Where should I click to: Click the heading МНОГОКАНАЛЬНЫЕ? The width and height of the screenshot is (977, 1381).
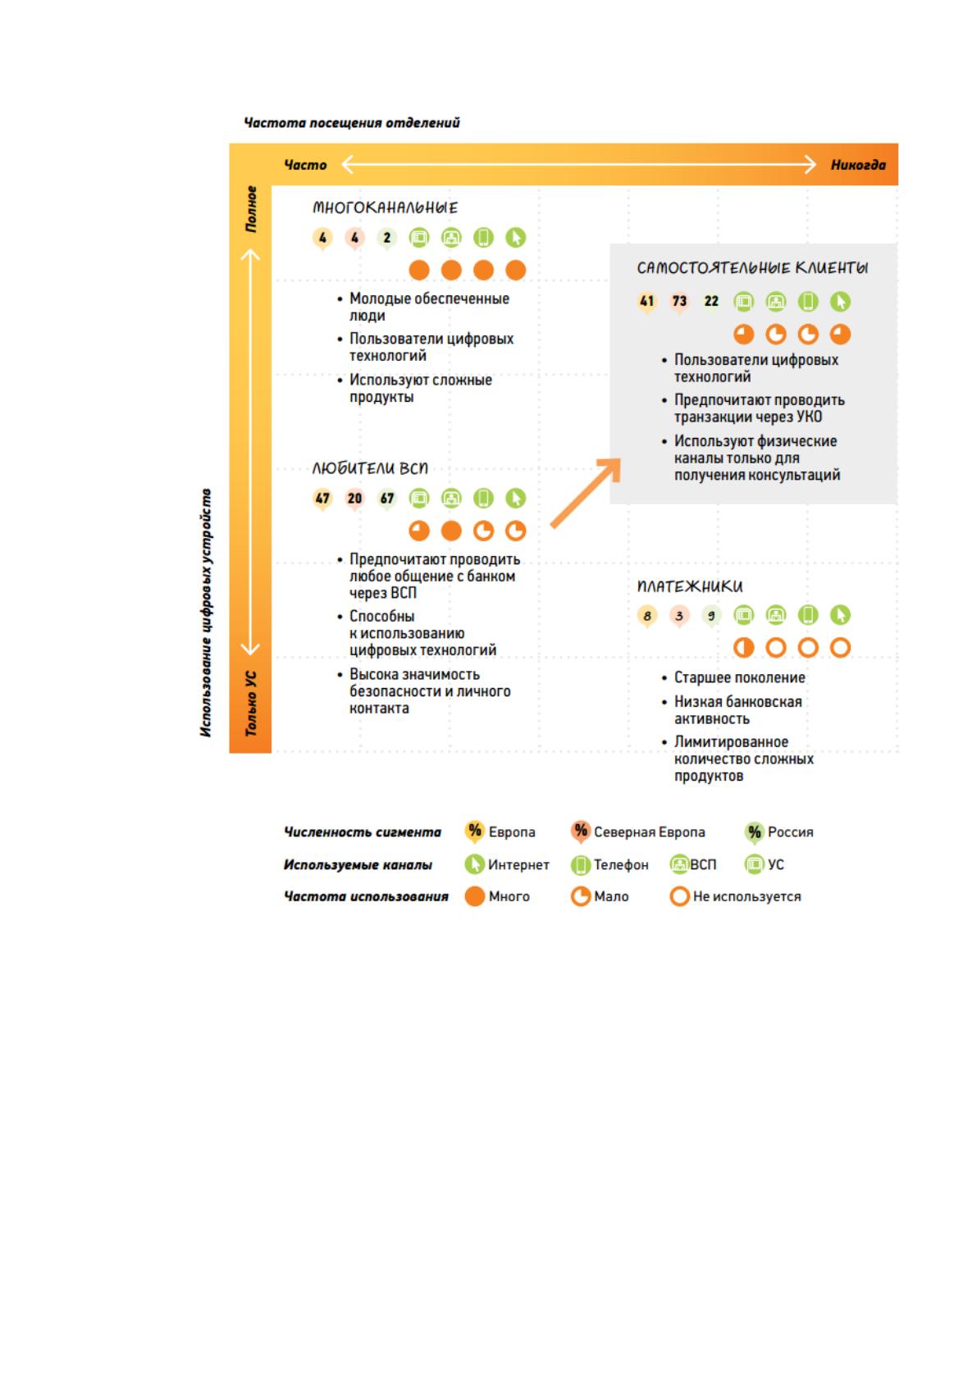(x=385, y=207)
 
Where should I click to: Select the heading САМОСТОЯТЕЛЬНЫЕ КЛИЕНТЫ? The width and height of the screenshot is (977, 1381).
(x=752, y=268)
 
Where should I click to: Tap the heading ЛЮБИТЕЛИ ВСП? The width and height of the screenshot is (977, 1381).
(x=370, y=468)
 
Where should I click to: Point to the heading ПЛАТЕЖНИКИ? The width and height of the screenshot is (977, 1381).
(x=690, y=586)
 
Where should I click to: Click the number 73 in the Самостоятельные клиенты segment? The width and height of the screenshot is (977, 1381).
(x=679, y=302)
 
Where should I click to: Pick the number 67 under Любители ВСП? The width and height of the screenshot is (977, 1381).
(x=386, y=498)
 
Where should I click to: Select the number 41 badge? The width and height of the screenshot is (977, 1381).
(x=647, y=302)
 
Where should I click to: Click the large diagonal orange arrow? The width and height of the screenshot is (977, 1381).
(x=586, y=493)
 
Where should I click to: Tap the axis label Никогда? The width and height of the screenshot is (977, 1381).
(x=858, y=165)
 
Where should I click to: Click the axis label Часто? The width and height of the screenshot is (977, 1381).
(x=304, y=165)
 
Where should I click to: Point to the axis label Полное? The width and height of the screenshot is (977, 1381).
(x=251, y=209)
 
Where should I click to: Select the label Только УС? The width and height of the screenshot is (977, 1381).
(x=251, y=703)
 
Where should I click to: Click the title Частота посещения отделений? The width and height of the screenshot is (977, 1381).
(x=352, y=123)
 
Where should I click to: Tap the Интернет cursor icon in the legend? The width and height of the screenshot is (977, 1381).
(x=474, y=864)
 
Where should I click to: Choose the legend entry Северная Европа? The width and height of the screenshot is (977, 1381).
(x=649, y=832)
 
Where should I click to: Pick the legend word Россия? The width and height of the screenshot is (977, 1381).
(x=790, y=832)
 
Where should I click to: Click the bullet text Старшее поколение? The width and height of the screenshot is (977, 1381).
(x=739, y=677)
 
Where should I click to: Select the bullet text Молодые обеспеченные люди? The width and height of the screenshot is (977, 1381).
(x=429, y=307)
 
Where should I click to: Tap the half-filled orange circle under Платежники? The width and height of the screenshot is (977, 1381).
(x=744, y=647)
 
